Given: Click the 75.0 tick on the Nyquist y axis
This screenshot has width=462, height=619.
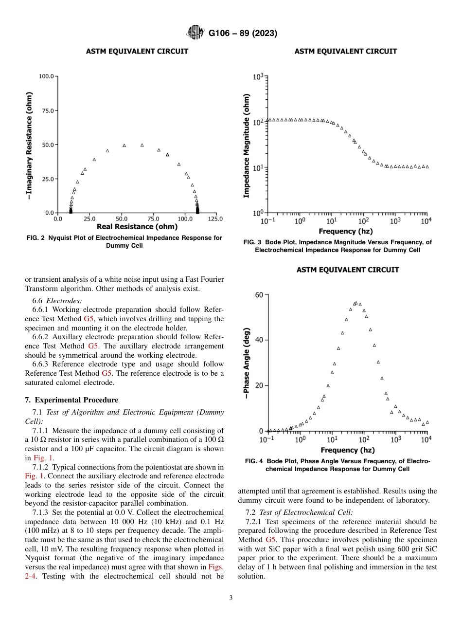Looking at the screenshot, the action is point(47,110).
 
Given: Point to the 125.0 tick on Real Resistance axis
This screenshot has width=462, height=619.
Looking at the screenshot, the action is point(215,219).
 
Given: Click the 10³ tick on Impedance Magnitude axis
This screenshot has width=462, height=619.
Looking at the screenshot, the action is point(258,77).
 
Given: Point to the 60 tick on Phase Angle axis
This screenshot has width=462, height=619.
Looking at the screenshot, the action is point(258,294).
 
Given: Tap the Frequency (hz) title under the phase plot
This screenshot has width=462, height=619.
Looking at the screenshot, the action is point(346,450).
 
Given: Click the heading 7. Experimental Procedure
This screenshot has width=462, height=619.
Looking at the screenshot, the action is point(71,400).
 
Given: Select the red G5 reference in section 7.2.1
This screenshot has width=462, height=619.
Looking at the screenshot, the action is point(271,540).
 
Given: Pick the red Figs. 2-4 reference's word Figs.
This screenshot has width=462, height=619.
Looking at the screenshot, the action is point(216,567).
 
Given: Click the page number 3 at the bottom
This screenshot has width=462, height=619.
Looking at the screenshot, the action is point(231,598).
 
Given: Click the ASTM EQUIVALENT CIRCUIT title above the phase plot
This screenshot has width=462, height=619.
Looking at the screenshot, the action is point(348,270).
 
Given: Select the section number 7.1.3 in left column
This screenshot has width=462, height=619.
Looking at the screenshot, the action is point(40,512).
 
